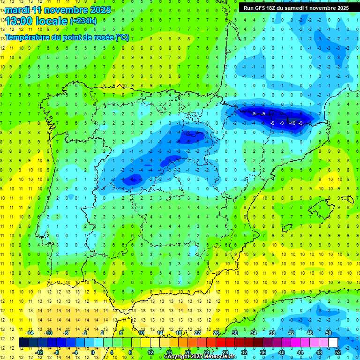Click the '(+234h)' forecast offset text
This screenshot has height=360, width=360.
(x=83, y=21)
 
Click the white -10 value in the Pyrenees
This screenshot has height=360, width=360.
(x=292, y=123)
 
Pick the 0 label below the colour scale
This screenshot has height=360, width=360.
(x=93, y=352)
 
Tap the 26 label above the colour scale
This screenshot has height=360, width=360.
(x=216, y=333)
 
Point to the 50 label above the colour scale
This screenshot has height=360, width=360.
(x=329, y=333)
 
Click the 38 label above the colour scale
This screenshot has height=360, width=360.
(x=272, y=333)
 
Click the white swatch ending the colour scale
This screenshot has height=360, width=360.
(x=333, y=342)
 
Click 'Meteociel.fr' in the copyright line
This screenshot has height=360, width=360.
(x=220, y=357)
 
